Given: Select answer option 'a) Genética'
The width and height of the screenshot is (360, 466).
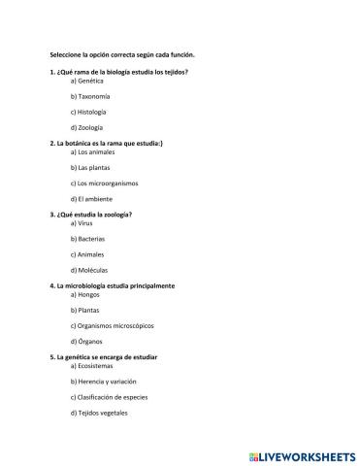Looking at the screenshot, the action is point(87,81).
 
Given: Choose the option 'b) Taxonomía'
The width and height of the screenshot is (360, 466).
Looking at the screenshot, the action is point(90,96).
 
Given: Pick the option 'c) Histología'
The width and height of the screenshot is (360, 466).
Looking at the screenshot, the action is point(89,112).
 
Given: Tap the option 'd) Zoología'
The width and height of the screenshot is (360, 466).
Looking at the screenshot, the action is point(87,127).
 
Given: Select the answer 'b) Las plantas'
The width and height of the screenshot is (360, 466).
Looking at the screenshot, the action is point(92,167).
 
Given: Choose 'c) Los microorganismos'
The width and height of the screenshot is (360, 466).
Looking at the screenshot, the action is point(104,183).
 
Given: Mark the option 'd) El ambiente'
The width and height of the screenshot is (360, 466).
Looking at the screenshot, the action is point(92,198).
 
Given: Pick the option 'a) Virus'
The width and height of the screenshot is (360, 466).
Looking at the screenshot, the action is point(82,222).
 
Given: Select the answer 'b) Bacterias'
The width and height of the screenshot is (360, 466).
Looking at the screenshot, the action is point(88,238).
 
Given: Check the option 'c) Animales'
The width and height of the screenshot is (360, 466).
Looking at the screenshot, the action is point(88,253).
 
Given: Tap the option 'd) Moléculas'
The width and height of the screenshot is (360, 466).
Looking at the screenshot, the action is point(89,269).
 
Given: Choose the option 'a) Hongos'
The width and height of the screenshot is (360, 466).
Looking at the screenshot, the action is point(85,294).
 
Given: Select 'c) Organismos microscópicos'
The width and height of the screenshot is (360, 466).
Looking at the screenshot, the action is point(113,325).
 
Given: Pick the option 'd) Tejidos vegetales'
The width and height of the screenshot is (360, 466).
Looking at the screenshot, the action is point(100,413).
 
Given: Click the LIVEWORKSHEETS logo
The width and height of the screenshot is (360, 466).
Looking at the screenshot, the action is point(302,454).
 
